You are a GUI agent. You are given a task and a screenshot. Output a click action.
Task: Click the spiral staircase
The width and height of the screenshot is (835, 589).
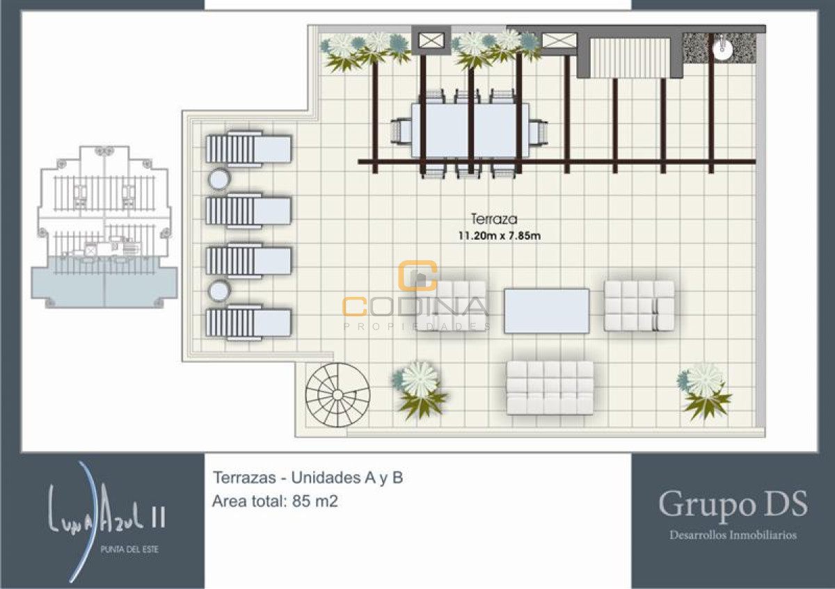[338, 395]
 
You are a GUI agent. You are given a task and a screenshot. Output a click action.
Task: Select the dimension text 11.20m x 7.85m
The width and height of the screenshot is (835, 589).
[498, 236]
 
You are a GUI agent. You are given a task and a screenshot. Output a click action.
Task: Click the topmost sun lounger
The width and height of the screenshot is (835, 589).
[248, 148]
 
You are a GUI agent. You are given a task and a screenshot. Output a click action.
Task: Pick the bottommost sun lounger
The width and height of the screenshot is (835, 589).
[248, 322]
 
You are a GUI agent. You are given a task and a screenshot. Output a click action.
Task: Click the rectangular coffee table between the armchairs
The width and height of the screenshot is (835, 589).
[546, 310]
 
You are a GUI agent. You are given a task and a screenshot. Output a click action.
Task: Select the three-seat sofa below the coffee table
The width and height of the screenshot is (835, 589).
[550, 387]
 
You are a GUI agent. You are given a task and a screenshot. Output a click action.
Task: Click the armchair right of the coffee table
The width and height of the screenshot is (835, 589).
[639, 305]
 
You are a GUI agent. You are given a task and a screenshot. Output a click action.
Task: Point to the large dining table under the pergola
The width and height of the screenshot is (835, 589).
[470, 130]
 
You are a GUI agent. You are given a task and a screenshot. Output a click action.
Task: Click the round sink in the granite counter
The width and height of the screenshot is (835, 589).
[723, 47]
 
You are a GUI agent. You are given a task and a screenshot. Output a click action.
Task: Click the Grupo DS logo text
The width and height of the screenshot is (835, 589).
[733, 503]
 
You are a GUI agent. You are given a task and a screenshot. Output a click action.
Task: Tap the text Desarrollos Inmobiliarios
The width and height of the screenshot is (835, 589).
[733, 535]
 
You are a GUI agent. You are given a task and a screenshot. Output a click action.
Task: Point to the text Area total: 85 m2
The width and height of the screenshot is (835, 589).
[275, 501]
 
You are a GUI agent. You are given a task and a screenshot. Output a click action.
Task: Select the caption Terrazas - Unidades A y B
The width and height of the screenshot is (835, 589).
[308, 478]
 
